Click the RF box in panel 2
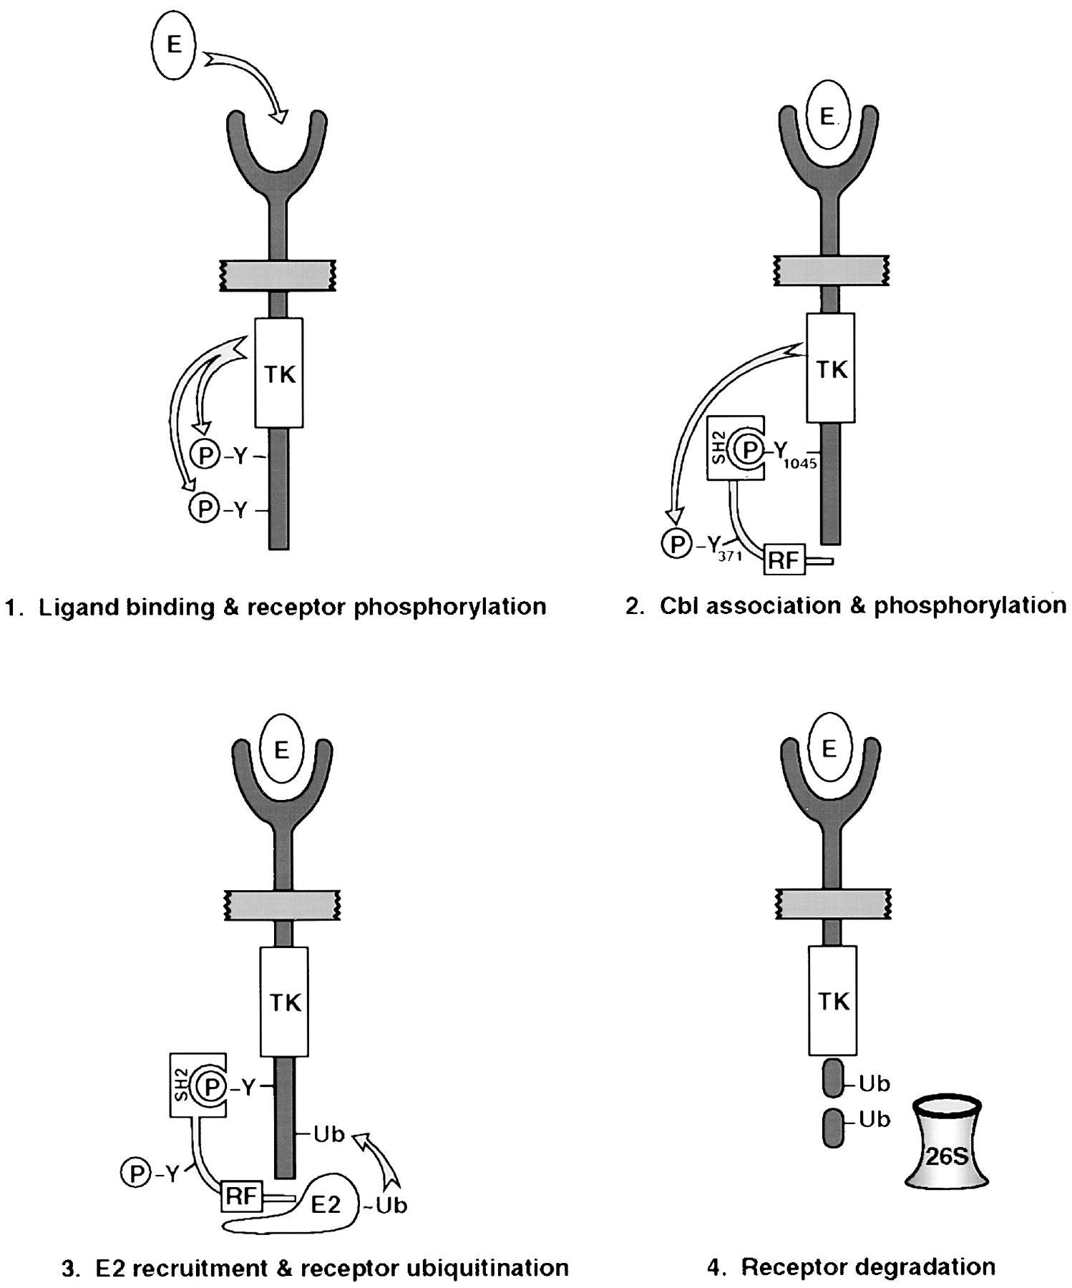click(783, 560)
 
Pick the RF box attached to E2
click(241, 1196)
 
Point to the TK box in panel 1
click(279, 374)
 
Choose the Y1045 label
click(792, 454)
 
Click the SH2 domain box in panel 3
click(185, 1084)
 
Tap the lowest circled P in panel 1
click(203, 509)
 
